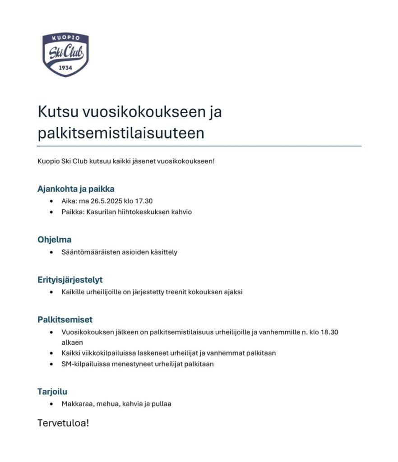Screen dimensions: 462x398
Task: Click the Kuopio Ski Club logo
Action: (65, 55)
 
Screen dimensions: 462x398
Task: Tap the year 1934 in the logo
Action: (66, 68)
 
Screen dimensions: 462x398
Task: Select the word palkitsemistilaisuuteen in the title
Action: (121, 133)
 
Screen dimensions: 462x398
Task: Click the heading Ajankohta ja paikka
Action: (76, 189)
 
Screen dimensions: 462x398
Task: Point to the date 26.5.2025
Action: (106, 201)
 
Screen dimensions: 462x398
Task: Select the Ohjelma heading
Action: (54, 240)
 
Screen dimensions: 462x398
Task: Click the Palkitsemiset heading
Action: (65, 320)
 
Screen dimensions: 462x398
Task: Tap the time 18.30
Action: (329, 332)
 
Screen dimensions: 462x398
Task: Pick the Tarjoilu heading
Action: (52, 392)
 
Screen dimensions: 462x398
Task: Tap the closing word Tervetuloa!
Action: (63, 423)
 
